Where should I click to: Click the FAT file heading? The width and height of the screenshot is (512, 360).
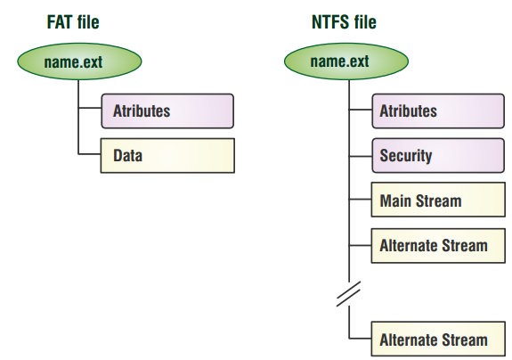[73, 22]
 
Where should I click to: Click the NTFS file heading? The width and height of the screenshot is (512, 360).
[344, 22]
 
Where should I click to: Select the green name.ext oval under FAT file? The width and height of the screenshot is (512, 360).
[79, 61]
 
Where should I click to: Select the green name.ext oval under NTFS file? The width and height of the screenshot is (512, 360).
[346, 61]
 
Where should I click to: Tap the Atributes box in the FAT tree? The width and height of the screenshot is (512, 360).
[167, 111]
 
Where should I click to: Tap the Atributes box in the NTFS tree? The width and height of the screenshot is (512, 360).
[438, 111]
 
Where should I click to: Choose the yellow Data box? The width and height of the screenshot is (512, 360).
[167, 156]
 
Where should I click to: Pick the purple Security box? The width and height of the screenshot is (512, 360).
[438, 156]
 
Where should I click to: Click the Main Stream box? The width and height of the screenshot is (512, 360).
[438, 200]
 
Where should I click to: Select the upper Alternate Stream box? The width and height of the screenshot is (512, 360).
[438, 246]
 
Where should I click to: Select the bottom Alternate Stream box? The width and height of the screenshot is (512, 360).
[438, 339]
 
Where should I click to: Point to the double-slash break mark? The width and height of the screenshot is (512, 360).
[349, 294]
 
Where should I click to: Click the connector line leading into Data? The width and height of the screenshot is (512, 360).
[89, 154]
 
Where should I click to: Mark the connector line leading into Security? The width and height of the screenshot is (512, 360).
[361, 157]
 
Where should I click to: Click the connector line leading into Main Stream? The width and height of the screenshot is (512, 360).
[360, 199]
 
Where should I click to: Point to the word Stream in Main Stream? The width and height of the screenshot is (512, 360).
[438, 200]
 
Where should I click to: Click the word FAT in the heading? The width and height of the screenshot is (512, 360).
[60, 22]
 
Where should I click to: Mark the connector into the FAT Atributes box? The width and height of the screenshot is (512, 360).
[90, 108]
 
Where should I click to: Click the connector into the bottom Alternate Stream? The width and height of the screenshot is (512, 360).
[360, 338]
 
